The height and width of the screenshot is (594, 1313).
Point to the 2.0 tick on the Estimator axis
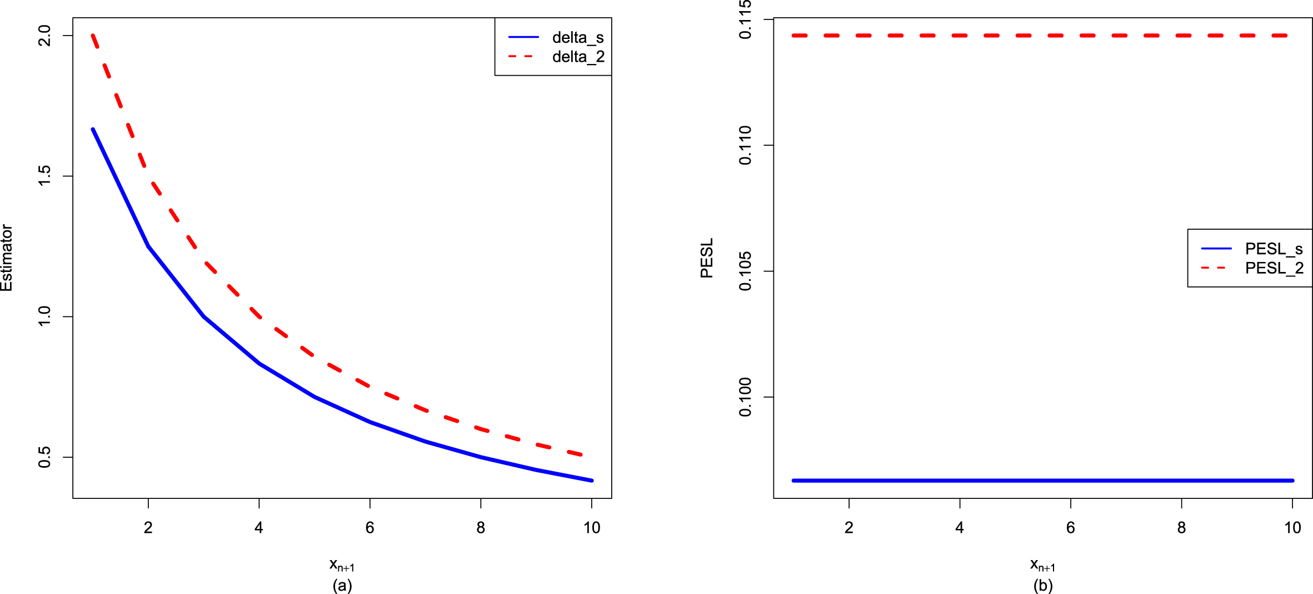(44, 36)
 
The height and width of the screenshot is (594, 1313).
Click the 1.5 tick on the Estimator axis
(44, 176)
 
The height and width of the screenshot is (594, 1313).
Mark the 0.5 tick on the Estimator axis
(44, 457)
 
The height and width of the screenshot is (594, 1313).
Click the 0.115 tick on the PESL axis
(745, 20)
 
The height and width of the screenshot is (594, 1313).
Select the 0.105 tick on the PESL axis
(745, 271)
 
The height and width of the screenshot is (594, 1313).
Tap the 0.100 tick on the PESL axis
(745, 397)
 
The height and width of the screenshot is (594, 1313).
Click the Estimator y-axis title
(7, 258)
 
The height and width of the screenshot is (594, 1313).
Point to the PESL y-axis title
(707, 258)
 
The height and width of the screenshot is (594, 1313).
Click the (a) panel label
(342, 585)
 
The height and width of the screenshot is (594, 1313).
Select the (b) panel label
(1043, 585)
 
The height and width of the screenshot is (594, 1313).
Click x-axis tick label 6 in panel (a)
(370, 527)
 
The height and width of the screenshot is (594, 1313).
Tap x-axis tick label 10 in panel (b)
(1292, 527)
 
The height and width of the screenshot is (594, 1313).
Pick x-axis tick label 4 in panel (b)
(960, 527)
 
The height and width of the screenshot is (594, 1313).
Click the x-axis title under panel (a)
(342, 565)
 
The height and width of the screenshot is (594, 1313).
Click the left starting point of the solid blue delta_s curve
(93, 129)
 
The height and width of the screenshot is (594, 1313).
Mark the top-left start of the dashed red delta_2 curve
(93, 35)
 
